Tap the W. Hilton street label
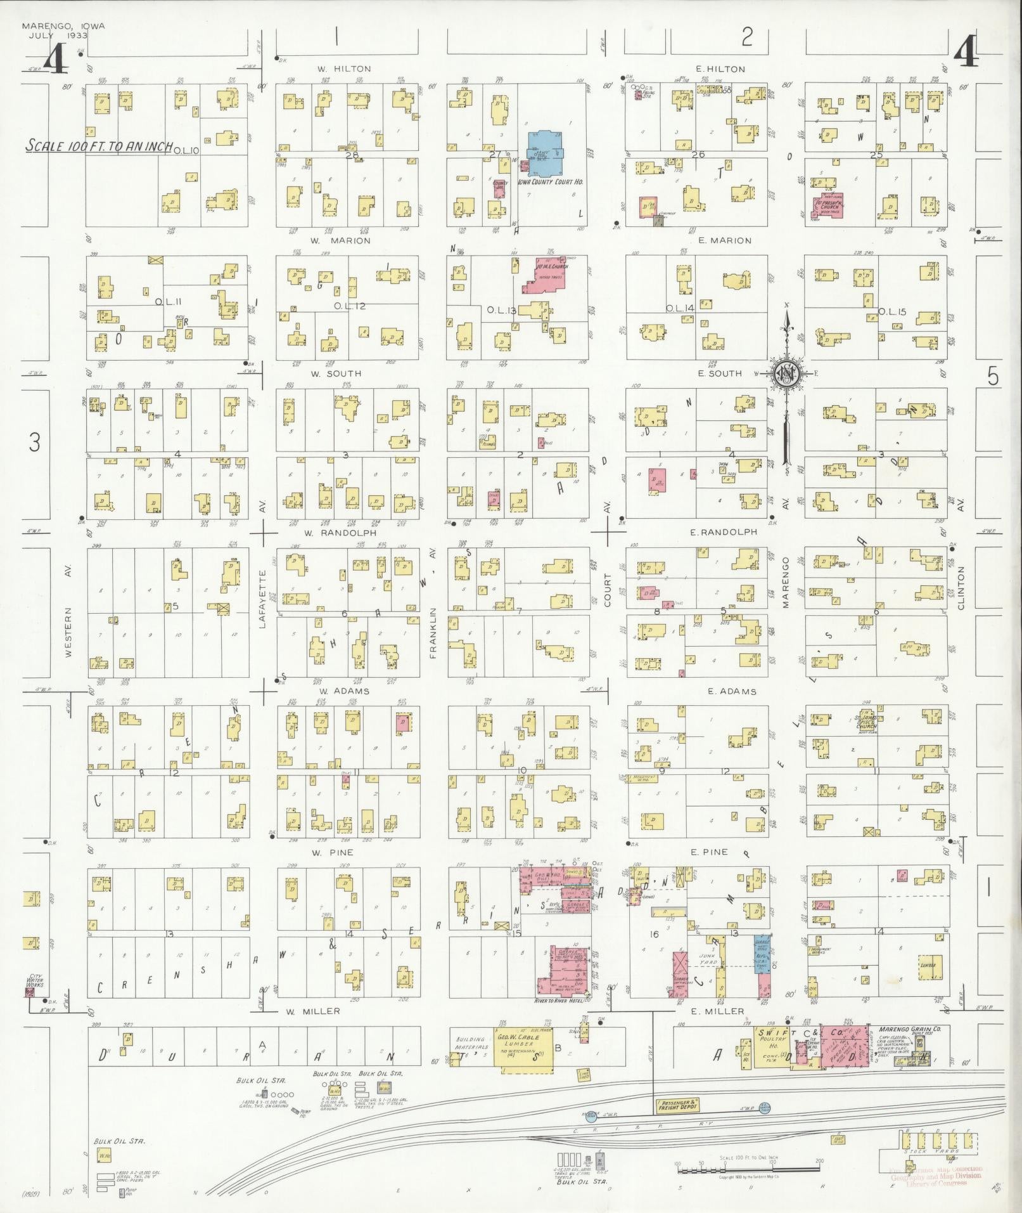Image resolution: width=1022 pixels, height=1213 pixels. (345, 68)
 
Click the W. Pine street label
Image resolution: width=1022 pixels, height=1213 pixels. (332, 853)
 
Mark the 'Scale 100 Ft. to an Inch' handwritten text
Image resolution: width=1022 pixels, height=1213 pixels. (98, 146)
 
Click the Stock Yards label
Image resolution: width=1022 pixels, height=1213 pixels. (927, 1151)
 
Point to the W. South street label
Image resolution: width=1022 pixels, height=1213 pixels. (336, 373)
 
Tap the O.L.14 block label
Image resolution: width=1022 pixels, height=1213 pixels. (680, 308)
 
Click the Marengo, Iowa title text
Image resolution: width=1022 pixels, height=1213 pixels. (63, 26)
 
